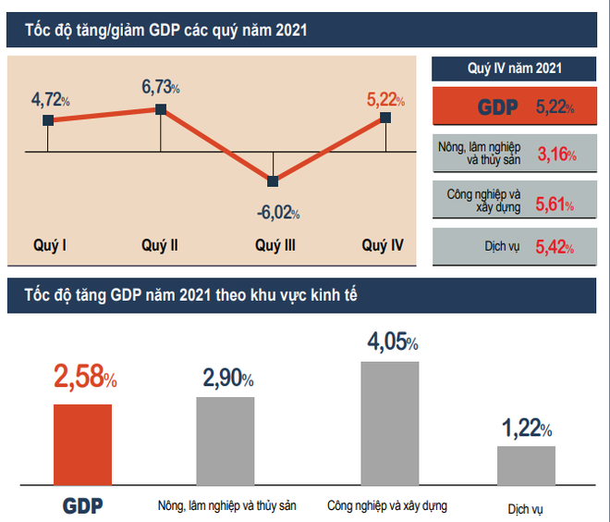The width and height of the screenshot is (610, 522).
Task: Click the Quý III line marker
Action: point(273,180)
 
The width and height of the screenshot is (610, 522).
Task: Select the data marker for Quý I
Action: point(47,120)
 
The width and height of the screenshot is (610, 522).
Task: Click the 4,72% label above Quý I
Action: point(51,97)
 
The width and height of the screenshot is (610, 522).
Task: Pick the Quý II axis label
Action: point(160,245)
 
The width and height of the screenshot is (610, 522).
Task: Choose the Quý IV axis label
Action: point(383,245)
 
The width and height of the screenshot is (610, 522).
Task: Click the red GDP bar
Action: point(82,444)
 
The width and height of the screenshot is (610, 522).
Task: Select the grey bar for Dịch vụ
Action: point(527,466)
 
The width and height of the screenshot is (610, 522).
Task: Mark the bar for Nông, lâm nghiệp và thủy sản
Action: point(226,441)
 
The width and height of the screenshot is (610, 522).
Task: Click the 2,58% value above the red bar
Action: point(85,377)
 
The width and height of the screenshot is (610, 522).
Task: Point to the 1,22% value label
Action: point(527,429)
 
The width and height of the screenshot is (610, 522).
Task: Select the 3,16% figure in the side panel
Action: point(555,154)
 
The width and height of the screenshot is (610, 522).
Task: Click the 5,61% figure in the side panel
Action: point(555,202)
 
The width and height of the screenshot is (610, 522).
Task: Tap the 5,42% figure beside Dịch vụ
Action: point(555,249)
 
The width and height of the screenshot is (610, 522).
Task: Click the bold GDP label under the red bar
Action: point(82,506)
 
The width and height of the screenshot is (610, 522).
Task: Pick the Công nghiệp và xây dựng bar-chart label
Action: point(387,506)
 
